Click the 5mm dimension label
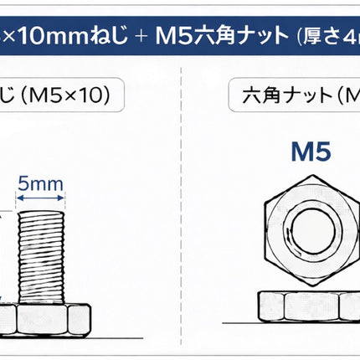(x=40, y=184)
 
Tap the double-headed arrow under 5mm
(x=40, y=198)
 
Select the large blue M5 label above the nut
(x=311, y=152)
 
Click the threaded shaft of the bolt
(x=41, y=257)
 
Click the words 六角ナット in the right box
(x=286, y=95)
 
